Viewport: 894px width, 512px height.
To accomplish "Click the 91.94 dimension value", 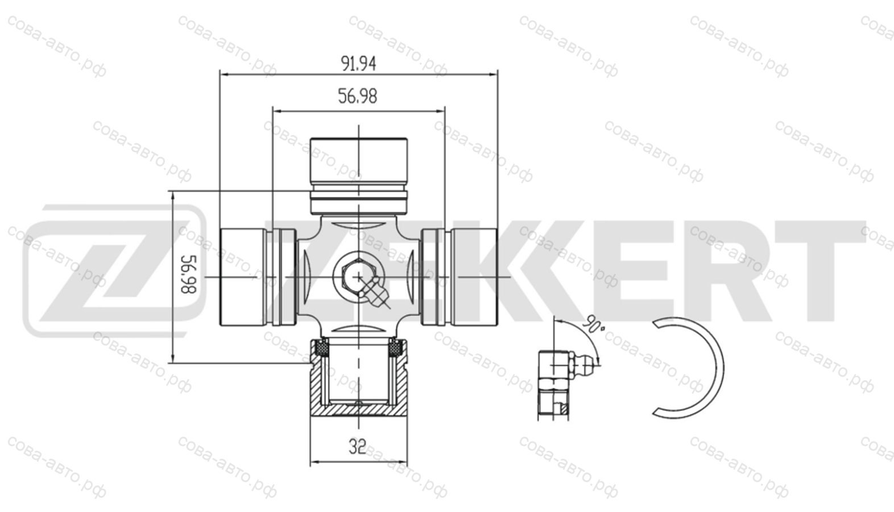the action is pyautogui.click(x=358, y=64).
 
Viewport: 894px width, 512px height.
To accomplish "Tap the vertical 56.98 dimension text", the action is pyautogui.click(x=188, y=274).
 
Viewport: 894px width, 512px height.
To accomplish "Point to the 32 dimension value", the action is pyautogui.click(x=357, y=447).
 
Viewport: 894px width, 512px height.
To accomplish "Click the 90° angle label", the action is pyautogui.click(x=594, y=324).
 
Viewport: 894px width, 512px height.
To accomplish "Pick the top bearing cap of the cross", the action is pyautogui.click(x=359, y=176).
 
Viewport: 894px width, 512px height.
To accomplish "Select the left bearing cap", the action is pyautogui.click(x=258, y=277).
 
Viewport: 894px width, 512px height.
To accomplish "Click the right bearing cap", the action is pyautogui.click(x=460, y=277).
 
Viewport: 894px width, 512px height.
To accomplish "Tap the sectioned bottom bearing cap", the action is pyautogui.click(x=359, y=377).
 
